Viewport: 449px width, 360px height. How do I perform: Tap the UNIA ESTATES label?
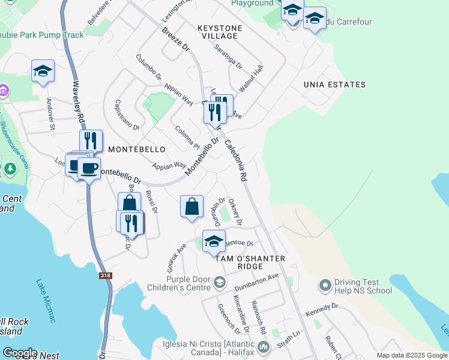pos(334,85)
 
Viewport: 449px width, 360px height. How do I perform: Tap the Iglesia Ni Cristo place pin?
pos(263,347)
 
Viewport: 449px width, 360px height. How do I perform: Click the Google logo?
pos(20,353)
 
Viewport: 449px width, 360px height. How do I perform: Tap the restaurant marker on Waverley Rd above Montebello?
pos(91,141)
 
